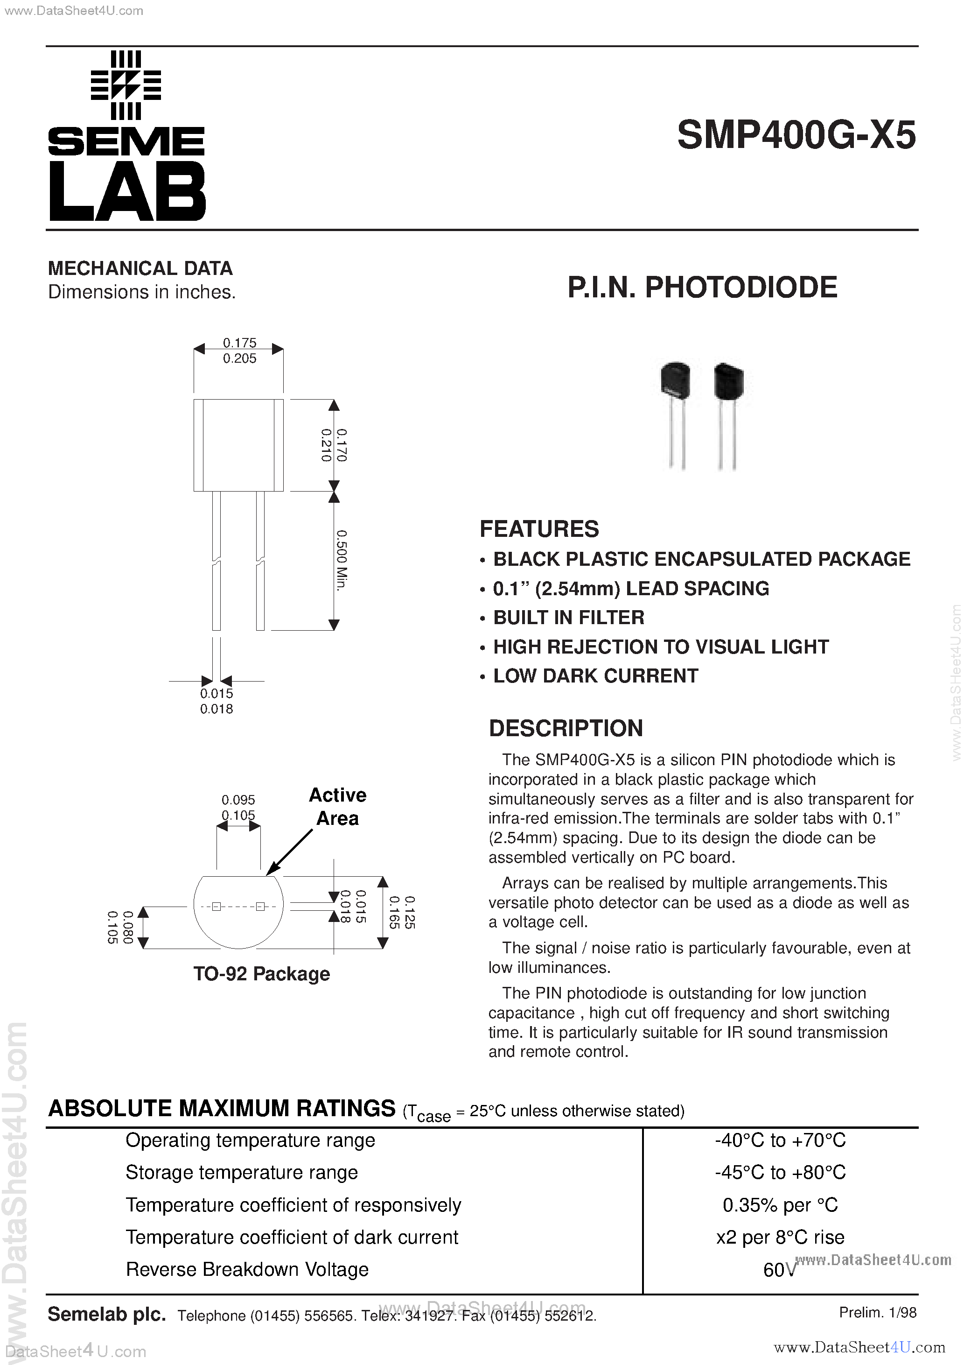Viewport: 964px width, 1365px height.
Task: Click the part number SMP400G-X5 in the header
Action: [796, 135]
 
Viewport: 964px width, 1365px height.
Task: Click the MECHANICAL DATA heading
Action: [140, 269]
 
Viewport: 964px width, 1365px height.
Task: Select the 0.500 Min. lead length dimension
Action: [342, 560]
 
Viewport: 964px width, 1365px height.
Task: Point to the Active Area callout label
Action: [337, 807]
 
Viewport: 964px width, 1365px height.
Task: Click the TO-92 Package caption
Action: [261, 974]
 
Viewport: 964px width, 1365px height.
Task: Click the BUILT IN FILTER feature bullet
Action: [568, 618]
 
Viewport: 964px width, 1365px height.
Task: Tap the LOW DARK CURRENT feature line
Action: [595, 676]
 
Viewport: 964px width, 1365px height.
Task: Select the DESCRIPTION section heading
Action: [566, 728]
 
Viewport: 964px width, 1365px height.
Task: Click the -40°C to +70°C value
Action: [780, 1140]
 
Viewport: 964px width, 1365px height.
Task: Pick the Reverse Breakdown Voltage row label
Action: [247, 1269]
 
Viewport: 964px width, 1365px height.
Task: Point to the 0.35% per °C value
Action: [780, 1205]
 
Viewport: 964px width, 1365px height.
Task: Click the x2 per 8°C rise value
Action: [780, 1237]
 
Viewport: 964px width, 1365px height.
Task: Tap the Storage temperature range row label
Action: [242, 1172]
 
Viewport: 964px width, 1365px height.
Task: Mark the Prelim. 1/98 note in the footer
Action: [877, 1313]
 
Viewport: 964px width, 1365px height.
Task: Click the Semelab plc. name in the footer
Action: [106, 1314]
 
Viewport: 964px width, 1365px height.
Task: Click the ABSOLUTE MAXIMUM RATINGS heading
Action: [222, 1109]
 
